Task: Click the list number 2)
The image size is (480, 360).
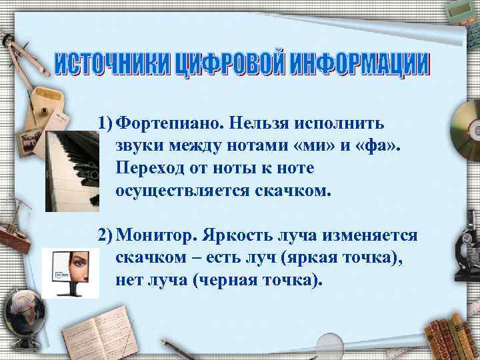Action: tap(105, 236)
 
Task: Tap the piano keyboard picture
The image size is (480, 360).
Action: tap(72, 170)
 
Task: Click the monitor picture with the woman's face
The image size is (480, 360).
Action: tap(69, 273)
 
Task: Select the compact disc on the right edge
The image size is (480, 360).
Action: tap(465, 127)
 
